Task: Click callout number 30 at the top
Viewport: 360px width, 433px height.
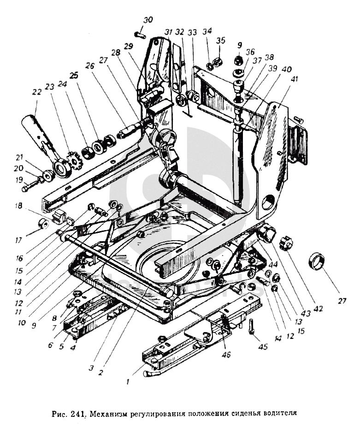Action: click(148, 20)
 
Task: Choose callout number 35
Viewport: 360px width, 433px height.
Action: click(221, 40)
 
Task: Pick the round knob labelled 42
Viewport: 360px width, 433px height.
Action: click(285, 243)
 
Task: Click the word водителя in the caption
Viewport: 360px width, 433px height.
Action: click(273, 413)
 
